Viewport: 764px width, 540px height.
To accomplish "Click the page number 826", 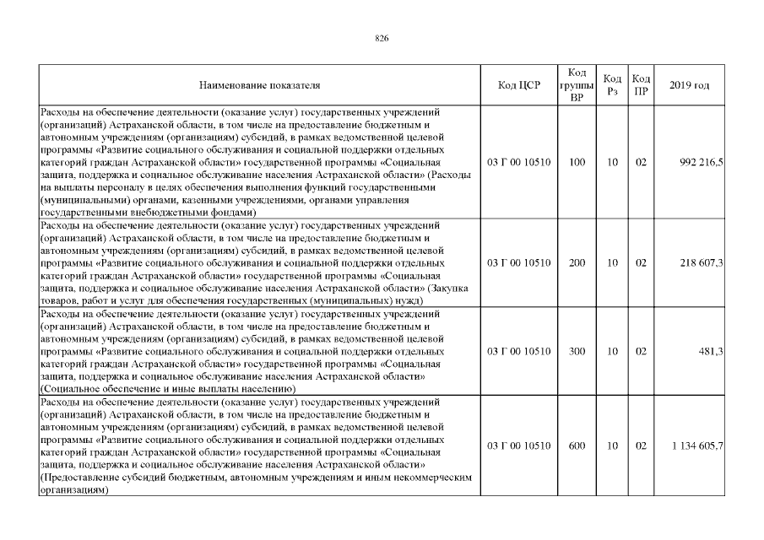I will [381, 37].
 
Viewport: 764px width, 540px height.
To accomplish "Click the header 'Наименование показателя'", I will [259, 85].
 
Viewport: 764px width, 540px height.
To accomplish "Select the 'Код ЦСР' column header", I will [519, 85].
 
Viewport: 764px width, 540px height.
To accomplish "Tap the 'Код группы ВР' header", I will [577, 85].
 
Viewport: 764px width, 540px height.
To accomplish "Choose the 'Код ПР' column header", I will [641, 85].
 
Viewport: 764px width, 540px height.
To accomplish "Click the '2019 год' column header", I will [689, 85].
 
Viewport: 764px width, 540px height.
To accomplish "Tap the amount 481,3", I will [711, 351].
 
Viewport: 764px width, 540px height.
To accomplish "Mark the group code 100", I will [577, 162].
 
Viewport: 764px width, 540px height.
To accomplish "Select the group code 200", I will [577, 263].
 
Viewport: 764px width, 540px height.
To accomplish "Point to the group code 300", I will [577, 351].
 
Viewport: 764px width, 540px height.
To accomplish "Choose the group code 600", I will [577, 445].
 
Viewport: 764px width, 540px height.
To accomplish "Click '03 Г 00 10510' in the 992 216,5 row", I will [519, 162].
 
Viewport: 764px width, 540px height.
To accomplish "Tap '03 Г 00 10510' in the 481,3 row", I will [519, 351].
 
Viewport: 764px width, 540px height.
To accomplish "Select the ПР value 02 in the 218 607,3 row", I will [641, 263].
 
